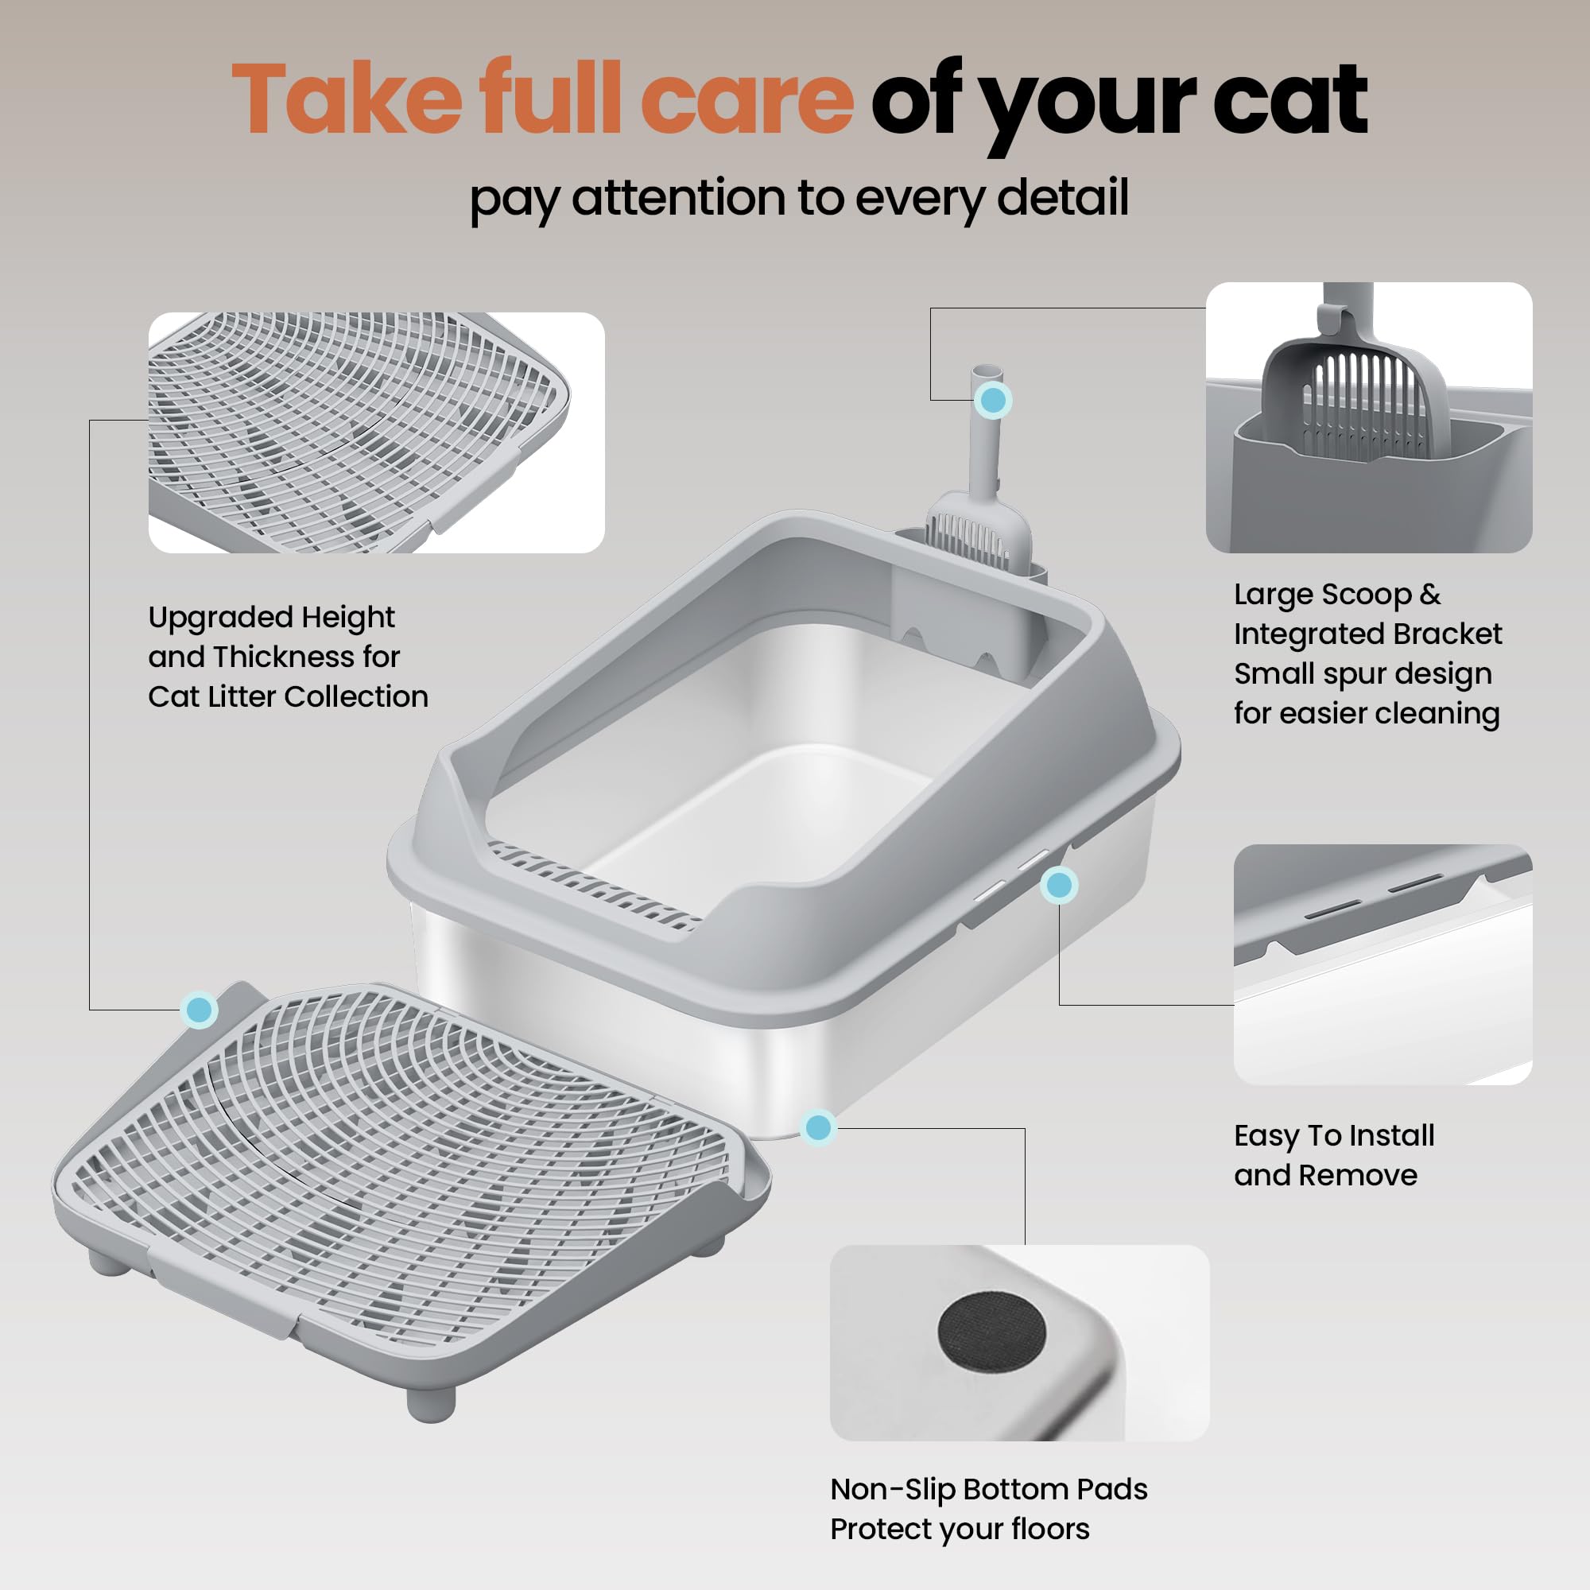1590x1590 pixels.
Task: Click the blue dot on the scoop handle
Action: (993, 400)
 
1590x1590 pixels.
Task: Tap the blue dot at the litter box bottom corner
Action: (818, 1127)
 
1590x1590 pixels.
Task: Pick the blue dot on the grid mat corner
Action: (200, 1009)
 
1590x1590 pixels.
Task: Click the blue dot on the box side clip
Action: (1058, 886)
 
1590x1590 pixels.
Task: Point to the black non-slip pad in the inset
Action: (991, 1332)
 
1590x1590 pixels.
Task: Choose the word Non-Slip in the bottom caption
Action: (891, 1490)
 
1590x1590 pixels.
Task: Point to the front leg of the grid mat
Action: (431, 1404)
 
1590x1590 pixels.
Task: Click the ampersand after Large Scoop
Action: (1429, 594)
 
